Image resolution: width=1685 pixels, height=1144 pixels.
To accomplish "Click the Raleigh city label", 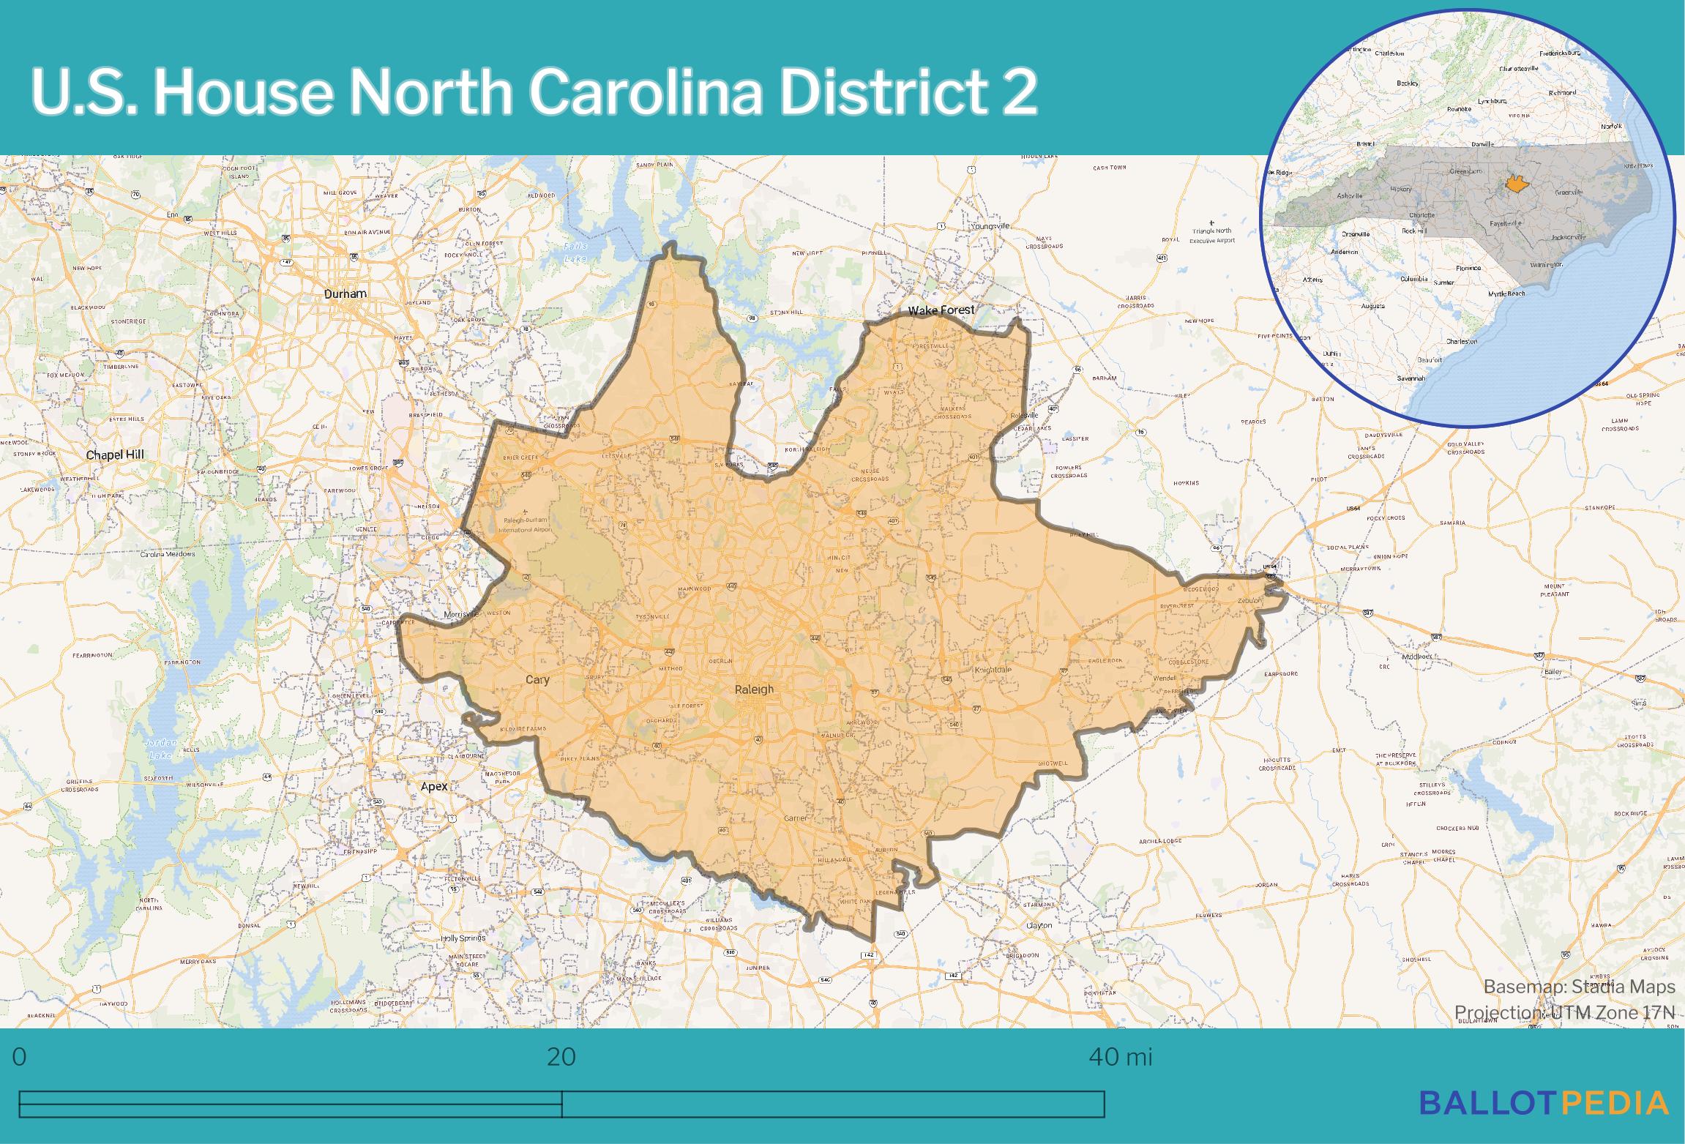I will (x=754, y=689).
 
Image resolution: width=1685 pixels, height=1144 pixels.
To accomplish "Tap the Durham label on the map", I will (x=345, y=294).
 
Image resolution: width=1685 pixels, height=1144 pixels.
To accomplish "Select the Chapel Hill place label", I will (x=115, y=455).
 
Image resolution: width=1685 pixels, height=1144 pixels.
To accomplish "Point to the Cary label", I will (x=537, y=680).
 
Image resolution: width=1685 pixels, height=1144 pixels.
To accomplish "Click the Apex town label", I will (x=434, y=787).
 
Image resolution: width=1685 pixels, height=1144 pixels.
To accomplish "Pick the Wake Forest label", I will (x=941, y=310).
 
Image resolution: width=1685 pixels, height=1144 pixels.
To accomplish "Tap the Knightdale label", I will (x=993, y=670).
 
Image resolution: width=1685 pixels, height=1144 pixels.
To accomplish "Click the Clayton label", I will (x=1039, y=925).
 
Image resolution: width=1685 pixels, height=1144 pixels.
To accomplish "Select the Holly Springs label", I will (x=463, y=938).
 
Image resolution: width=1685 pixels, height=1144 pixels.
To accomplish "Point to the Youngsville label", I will (x=990, y=226).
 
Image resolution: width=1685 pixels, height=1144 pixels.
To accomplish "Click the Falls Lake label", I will (x=575, y=253).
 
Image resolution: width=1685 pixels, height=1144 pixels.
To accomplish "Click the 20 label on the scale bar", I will (x=561, y=1057).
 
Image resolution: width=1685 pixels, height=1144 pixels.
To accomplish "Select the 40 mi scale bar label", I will (x=1120, y=1057).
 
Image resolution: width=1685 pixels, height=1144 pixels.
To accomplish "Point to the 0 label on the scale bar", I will (x=20, y=1057).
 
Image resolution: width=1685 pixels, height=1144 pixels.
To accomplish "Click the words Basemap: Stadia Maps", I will (x=1579, y=987).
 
